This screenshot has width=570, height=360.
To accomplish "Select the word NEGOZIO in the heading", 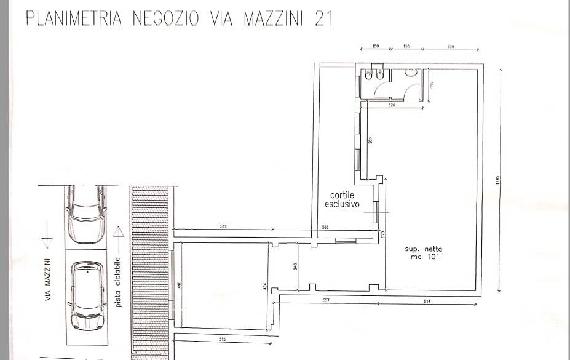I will [x=159, y=19].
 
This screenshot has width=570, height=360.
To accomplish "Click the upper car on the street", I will [x=86, y=214].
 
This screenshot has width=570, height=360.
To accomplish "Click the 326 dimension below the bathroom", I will [x=391, y=106].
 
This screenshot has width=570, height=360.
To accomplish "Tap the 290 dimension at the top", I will [x=451, y=47].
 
